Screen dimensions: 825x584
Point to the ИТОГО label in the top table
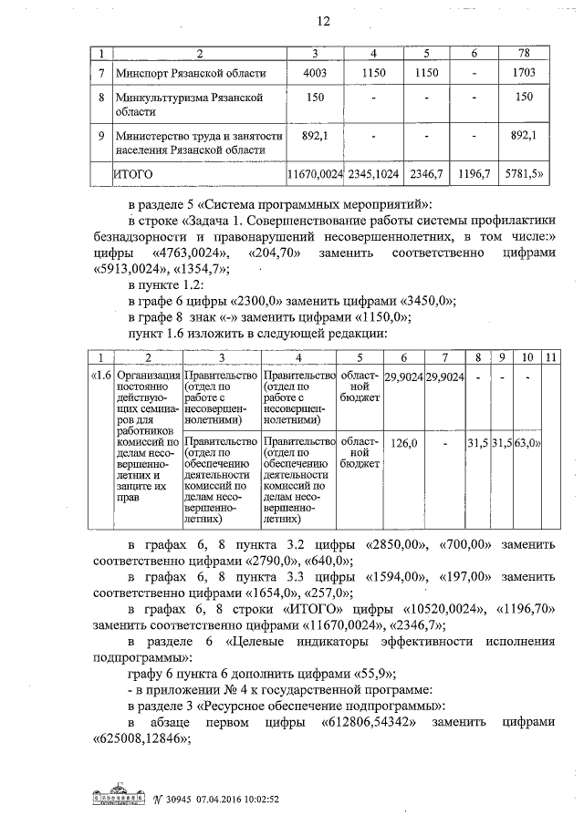tap(133, 171)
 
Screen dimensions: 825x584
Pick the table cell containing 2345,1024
tap(379, 171)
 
